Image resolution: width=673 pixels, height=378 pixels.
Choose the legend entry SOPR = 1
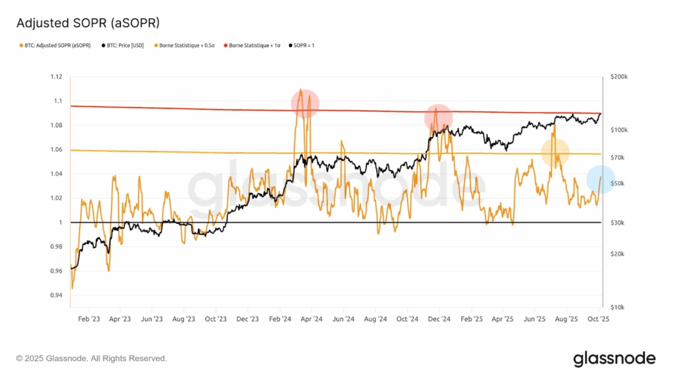[306, 45]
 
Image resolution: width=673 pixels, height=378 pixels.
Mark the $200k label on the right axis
[619, 77]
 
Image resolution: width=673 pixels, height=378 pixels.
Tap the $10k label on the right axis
[619, 307]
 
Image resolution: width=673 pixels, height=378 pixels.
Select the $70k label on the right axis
[619, 157]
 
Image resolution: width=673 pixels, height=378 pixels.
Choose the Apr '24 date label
[312, 319]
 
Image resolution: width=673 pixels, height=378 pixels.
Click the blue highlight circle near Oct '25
[600, 179]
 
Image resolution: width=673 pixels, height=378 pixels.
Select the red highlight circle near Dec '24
[438, 117]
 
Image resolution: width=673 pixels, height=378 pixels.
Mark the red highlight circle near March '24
[305, 103]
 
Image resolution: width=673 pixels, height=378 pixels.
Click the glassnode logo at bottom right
[614, 358]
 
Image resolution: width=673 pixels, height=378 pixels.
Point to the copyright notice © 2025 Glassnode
[91, 358]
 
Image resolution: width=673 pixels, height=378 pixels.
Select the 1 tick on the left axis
[60, 222]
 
